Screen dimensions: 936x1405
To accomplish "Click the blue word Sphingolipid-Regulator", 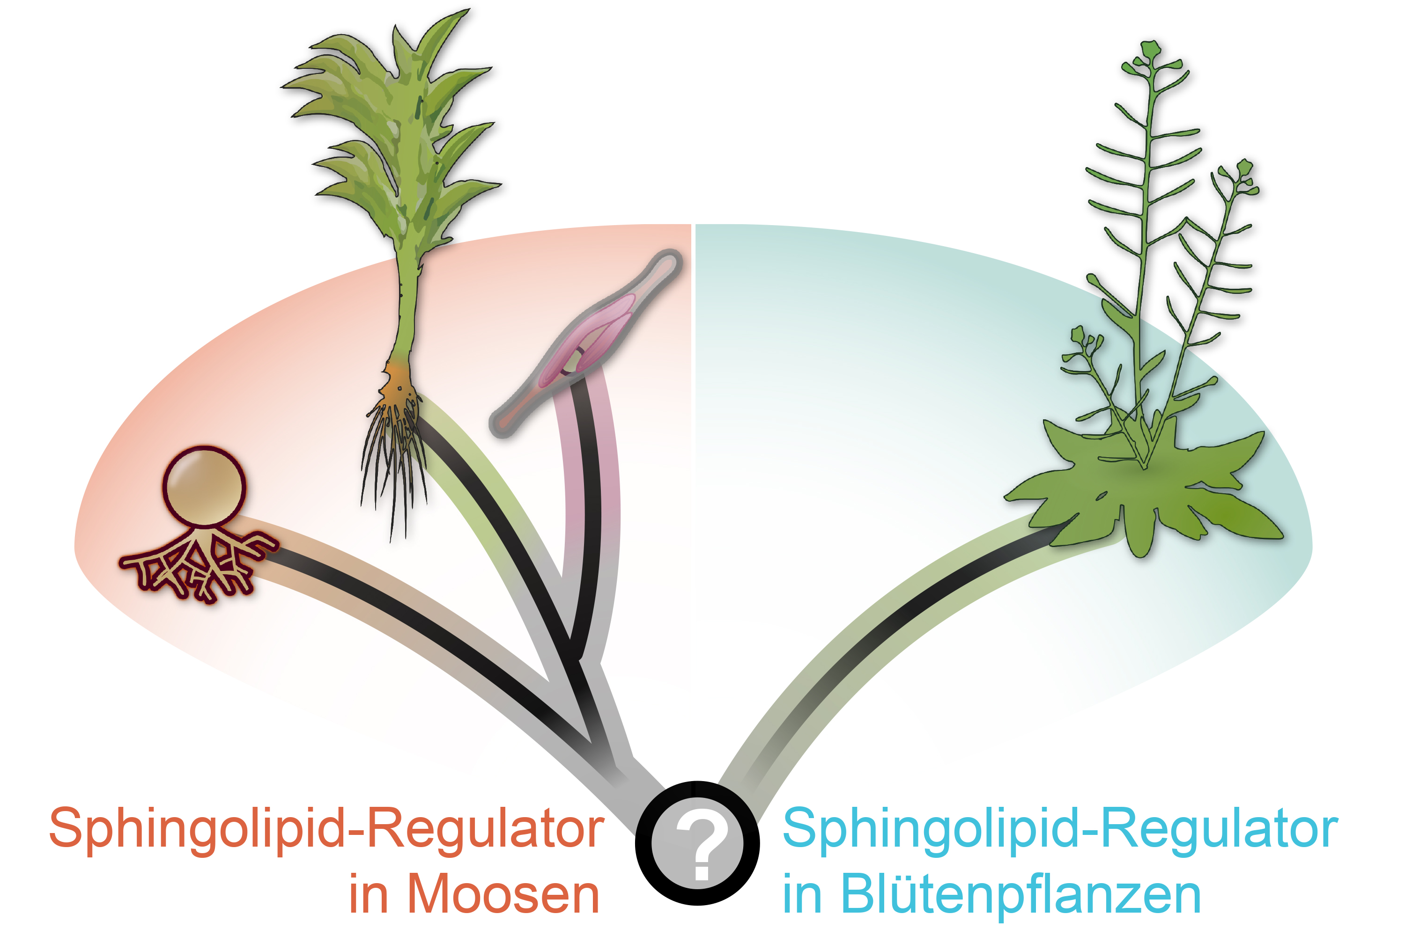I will pyautogui.click(x=1060, y=828).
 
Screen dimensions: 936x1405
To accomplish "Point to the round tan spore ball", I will pyautogui.click(x=204, y=485).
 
